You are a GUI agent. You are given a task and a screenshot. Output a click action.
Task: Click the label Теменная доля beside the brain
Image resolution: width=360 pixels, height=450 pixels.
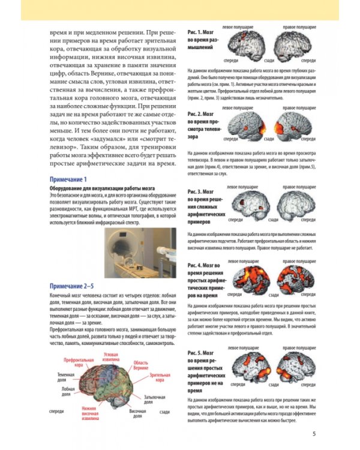point(65,376)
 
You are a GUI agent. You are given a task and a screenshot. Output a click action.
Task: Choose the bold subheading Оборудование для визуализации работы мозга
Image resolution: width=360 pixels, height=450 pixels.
point(94,188)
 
